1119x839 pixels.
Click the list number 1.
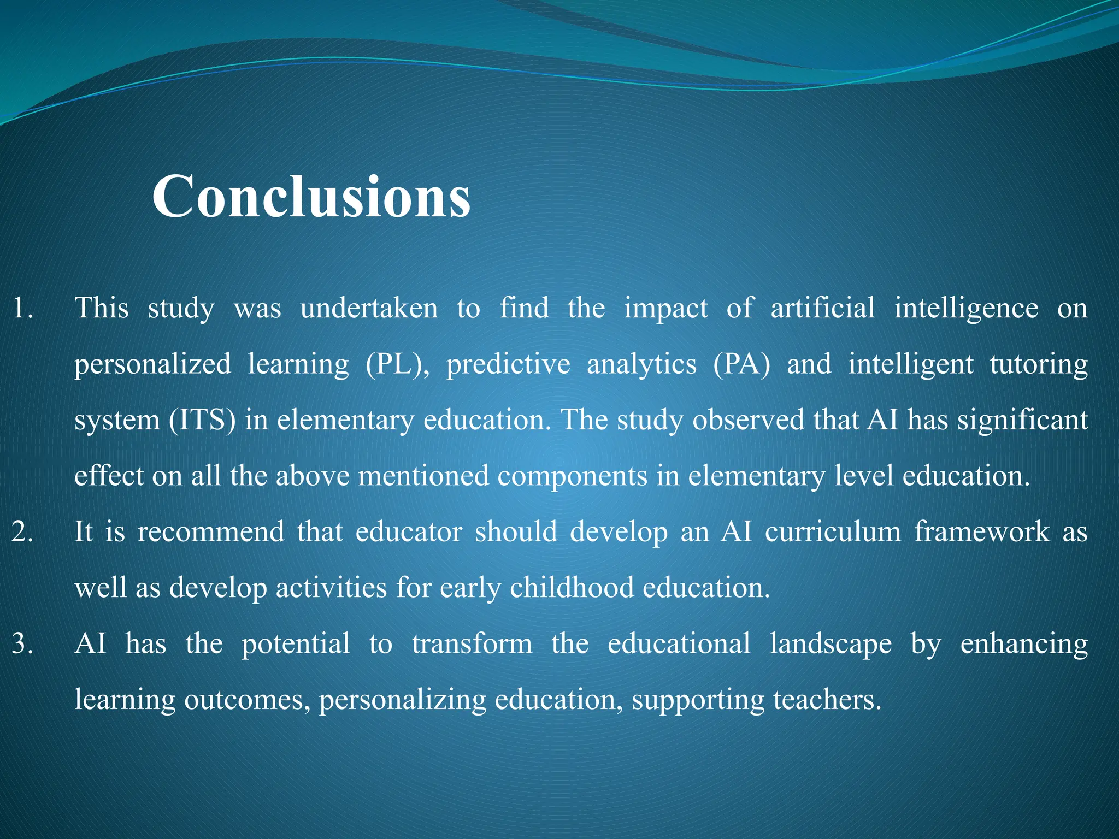[22, 308]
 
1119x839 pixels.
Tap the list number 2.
[22, 532]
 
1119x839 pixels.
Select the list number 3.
[22, 644]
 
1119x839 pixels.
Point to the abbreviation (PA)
[741, 364]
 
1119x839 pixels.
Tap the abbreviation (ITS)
[202, 421]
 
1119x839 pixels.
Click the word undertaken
[369, 308]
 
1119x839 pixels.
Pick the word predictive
[508, 364]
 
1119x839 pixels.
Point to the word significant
[1022, 421]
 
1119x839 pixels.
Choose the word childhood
[572, 588]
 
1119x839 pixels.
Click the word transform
[472, 644]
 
